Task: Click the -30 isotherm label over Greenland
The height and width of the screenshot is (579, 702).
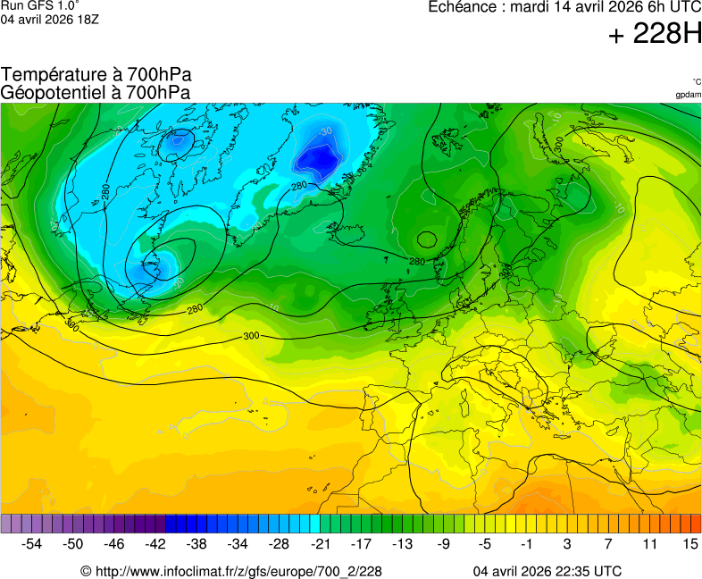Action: pos(325,130)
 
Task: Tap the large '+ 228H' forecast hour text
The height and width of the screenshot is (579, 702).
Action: pos(655,35)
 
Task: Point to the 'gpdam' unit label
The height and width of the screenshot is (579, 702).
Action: pos(688,95)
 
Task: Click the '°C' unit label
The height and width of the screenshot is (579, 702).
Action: pos(696,82)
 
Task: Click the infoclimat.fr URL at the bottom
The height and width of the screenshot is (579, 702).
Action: pos(231,571)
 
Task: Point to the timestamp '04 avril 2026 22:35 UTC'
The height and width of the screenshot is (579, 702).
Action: pos(547,571)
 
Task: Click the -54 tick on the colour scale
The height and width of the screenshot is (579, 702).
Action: pos(32,543)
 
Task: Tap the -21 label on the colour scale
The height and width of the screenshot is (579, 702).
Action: pos(320,543)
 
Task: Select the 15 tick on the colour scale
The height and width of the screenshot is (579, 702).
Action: pos(689,543)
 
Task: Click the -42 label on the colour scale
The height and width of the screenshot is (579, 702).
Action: pos(155,543)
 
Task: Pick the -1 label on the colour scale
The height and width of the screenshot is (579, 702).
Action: pos(526,543)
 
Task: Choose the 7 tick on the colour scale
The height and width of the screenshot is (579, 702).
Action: pos(608,543)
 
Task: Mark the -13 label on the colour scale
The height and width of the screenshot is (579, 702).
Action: pos(402,543)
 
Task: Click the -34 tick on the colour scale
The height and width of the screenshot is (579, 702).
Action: pos(238,543)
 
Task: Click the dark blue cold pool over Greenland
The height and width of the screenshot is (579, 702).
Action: pos(316,159)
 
